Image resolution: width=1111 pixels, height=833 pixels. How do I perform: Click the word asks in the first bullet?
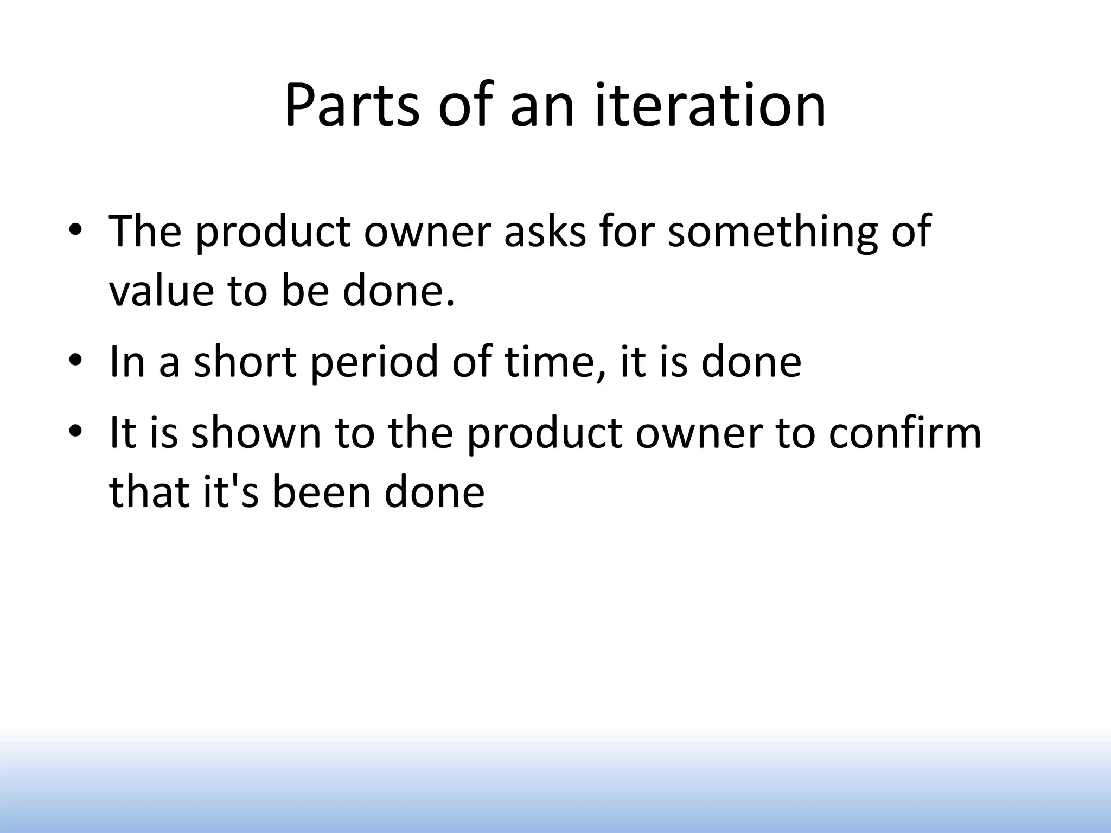tap(545, 232)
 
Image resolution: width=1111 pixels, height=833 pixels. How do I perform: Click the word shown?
tap(256, 433)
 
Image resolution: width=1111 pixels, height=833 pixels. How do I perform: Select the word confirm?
tap(905, 433)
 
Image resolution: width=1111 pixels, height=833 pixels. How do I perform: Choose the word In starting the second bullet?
tap(127, 362)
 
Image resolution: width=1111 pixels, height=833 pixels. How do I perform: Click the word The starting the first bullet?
tap(145, 232)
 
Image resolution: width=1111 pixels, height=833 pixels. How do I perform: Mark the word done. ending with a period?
tap(398, 291)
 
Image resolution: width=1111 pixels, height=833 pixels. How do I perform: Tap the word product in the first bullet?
tap(272, 232)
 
